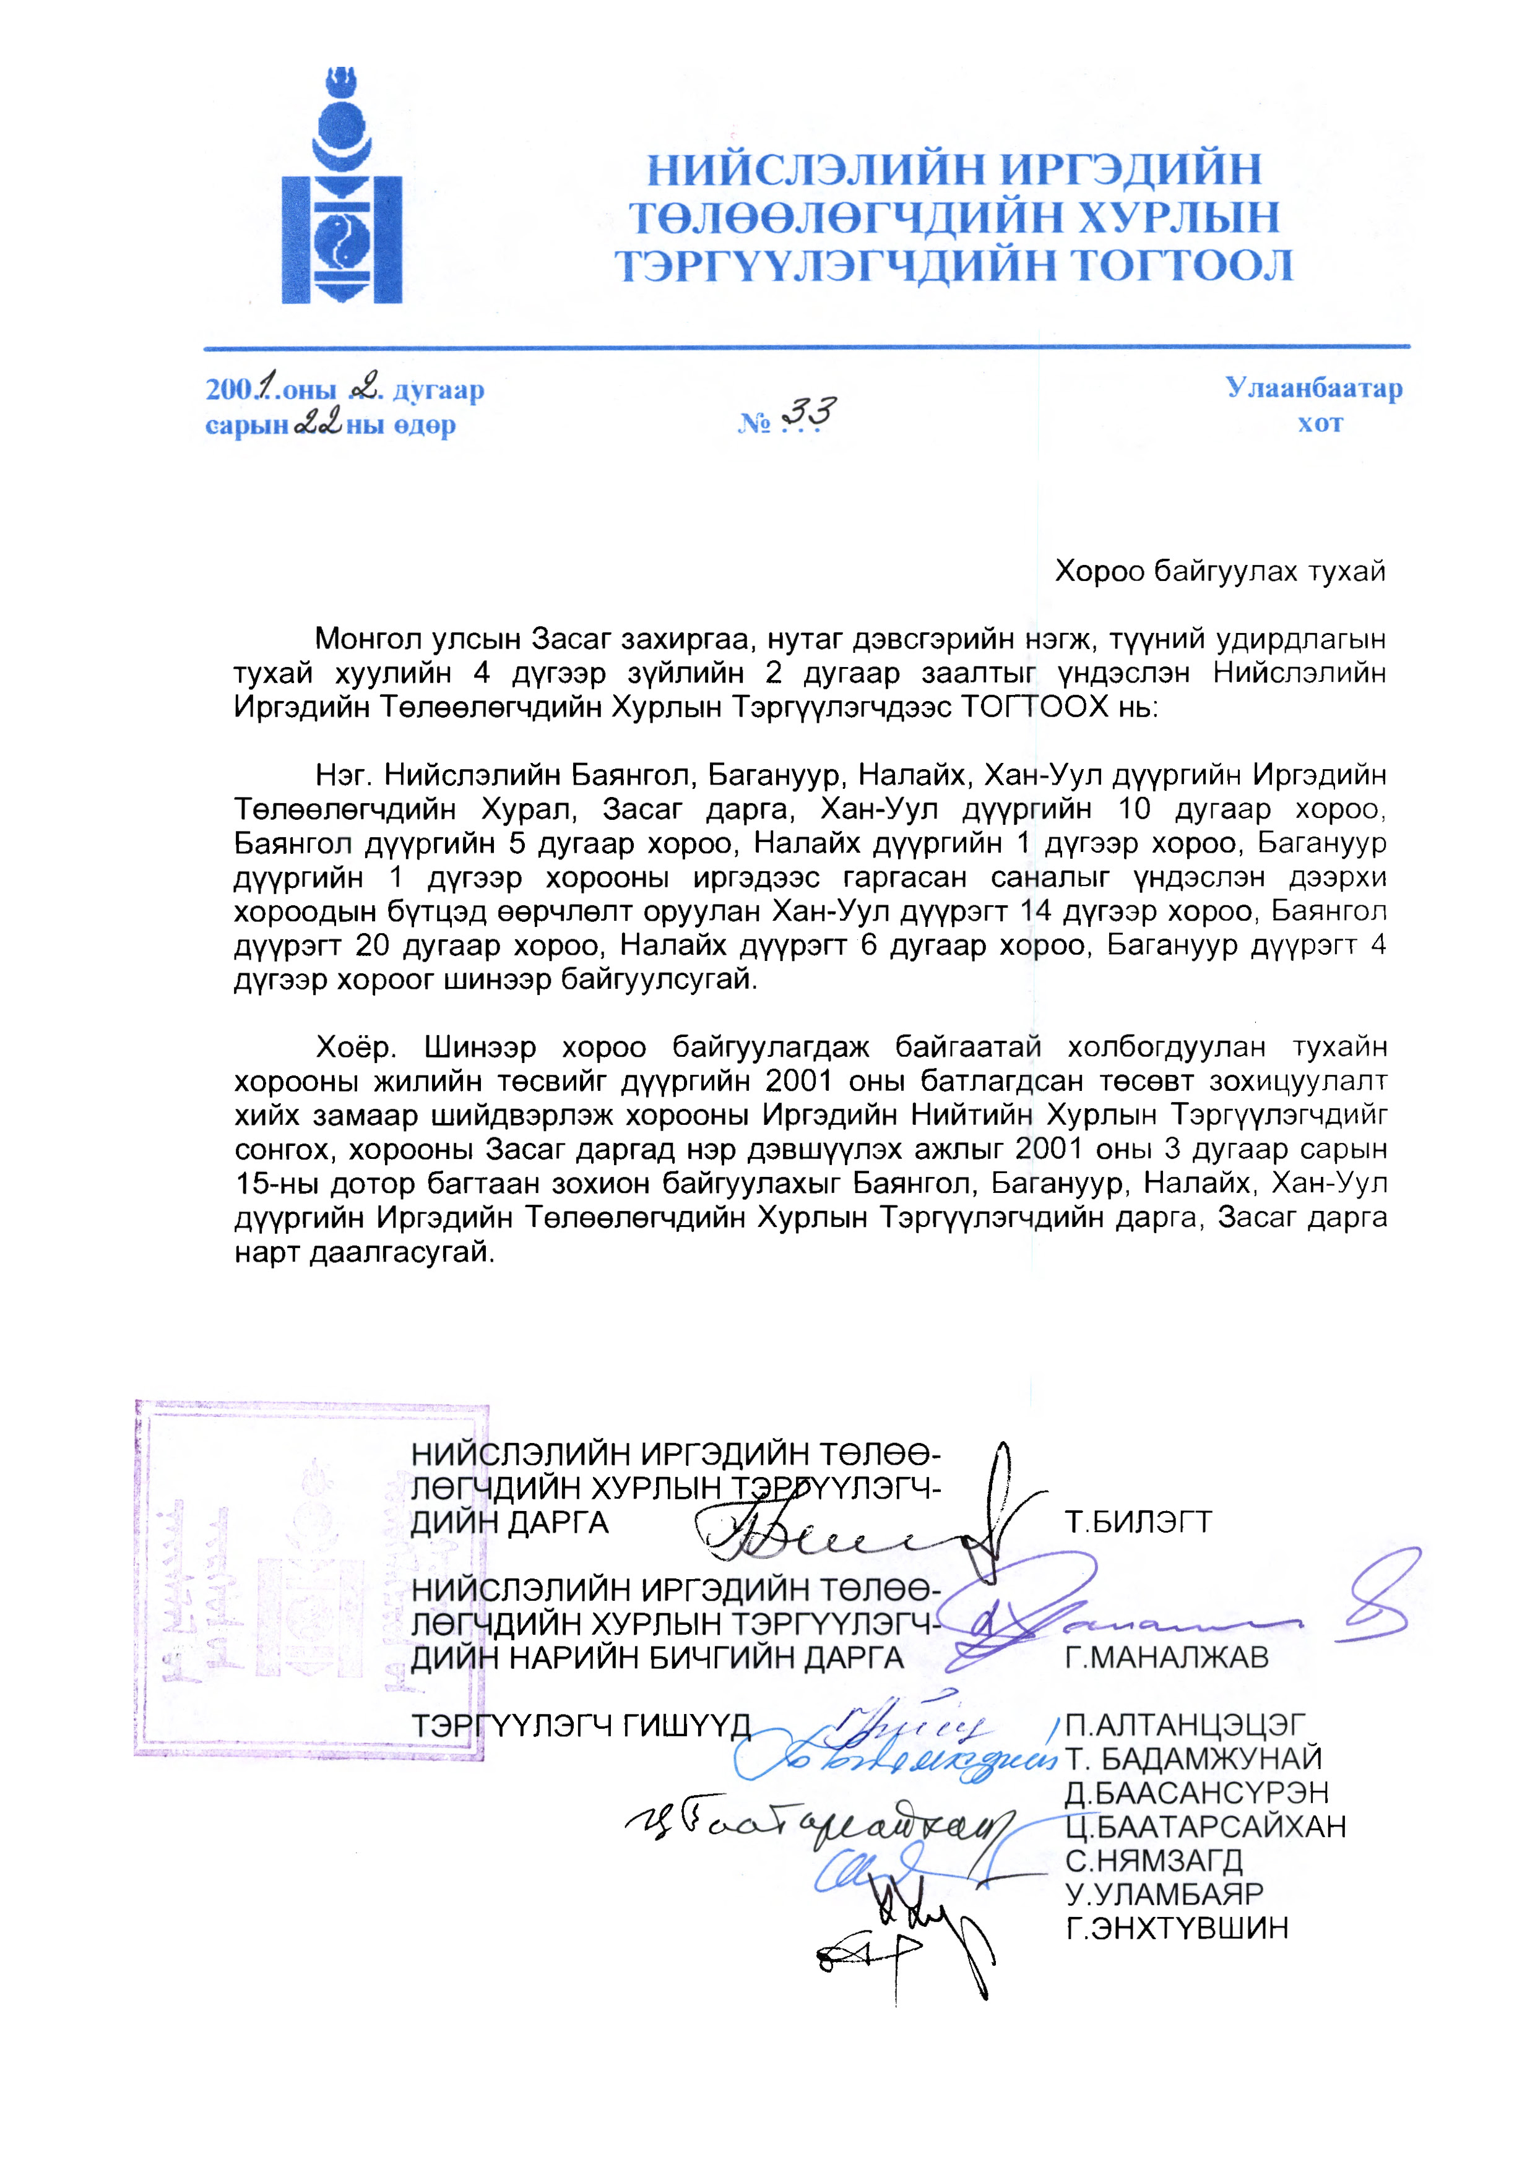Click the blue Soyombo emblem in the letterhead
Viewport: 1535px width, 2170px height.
[x=342, y=189]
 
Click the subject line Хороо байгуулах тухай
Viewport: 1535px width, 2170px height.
[x=1219, y=571]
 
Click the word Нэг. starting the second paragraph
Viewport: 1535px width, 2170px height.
[x=344, y=775]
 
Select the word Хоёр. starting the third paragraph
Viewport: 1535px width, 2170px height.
[x=355, y=1047]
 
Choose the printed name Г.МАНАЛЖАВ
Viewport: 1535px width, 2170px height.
[x=1166, y=1658]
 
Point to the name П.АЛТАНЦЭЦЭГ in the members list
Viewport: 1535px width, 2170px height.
[x=1185, y=1725]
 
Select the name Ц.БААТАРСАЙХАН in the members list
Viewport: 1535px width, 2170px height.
[x=1205, y=1827]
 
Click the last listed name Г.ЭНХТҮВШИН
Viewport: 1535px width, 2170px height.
[x=1177, y=1928]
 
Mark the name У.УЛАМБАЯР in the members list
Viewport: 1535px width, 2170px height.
[x=1164, y=1894]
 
